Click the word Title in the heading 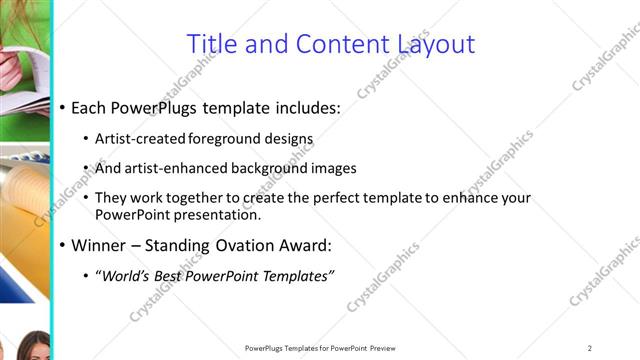[x=212, y=44]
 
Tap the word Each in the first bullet [x=89, y=107]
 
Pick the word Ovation [x=251, y=245]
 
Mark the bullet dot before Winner [x=63, y=246]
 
